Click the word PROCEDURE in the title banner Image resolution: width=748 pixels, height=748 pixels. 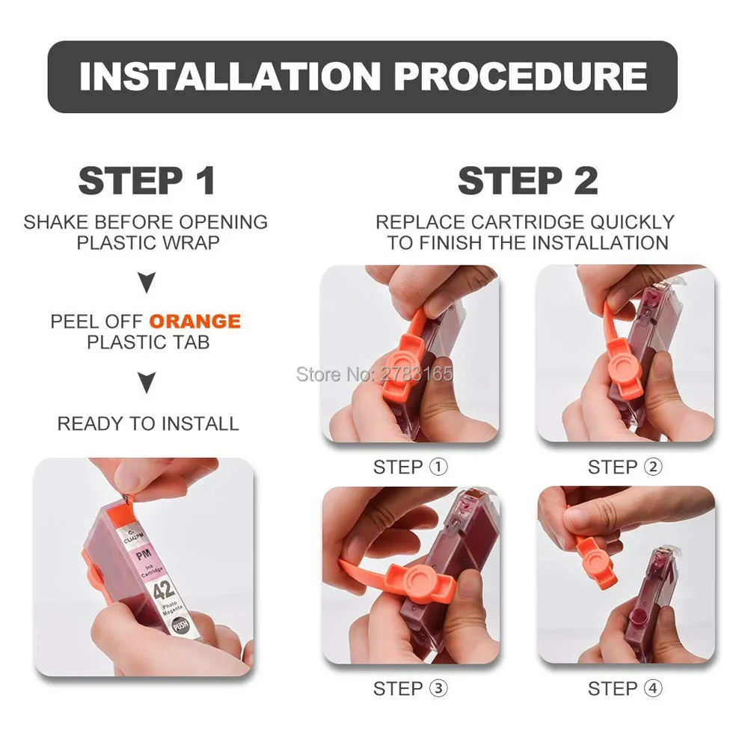521,76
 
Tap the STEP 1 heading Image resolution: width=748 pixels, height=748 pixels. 147,181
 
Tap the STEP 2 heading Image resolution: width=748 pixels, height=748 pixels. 527,181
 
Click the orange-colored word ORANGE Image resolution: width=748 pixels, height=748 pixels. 195,321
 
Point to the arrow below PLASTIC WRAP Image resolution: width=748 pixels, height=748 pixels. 147,283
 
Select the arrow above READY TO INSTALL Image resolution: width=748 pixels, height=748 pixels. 147,382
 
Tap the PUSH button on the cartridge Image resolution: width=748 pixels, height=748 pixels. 180,625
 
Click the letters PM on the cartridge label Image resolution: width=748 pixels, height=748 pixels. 144,555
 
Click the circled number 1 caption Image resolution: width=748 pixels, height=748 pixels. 439,467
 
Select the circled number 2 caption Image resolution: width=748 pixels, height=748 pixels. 654,467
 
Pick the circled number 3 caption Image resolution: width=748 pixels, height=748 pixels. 439,688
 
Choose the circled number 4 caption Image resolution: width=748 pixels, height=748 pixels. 654,688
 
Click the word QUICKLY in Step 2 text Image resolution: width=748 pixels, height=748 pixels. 632,222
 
